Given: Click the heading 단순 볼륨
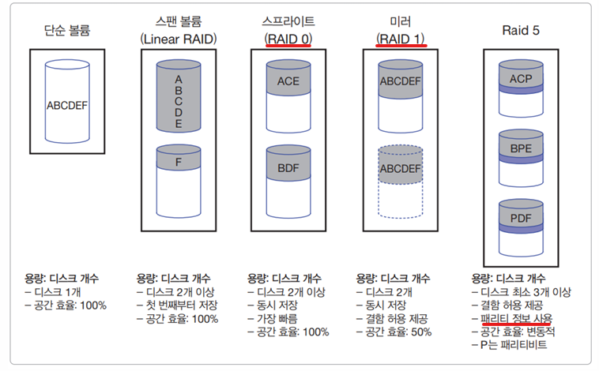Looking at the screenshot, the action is pos(67,30).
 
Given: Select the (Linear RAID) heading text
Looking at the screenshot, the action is pos(179,39).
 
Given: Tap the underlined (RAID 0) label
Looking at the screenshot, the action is pos(288,39).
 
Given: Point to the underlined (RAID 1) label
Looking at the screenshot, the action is pos(401,39).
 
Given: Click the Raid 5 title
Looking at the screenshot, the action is pos(521,30).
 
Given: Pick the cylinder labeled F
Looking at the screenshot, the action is pos(179,182).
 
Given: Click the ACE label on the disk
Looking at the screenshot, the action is pos(288,81).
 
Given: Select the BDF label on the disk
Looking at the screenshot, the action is pos(288,167).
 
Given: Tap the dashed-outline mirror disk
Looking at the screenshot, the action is pos(401,182).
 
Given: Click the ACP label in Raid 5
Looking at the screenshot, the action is pos(521,79).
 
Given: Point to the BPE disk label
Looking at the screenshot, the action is pos(521,148).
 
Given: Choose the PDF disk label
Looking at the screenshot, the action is pos(521,219).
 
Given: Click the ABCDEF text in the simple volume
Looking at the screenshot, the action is pos(67,105).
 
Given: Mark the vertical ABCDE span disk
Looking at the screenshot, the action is pos(179,96).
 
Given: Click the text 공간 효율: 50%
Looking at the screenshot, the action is pos(394,332).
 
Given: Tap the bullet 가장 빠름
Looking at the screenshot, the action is pos(272,319).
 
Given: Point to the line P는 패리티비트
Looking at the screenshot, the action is pos(509,345).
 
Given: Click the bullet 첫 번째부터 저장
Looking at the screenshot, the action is pos(177,305).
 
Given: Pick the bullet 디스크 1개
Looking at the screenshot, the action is pos(53,292).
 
